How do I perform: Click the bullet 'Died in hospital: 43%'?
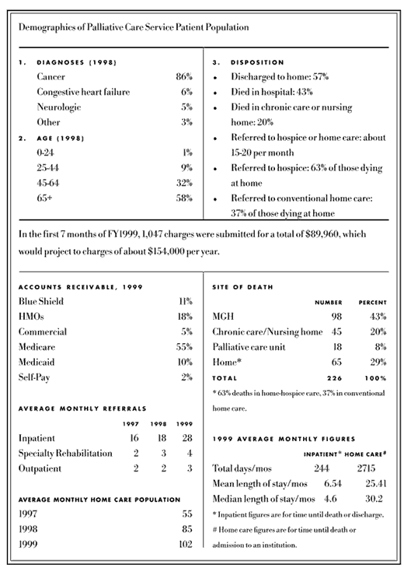point(275,93)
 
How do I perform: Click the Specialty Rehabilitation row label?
point(64,453)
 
